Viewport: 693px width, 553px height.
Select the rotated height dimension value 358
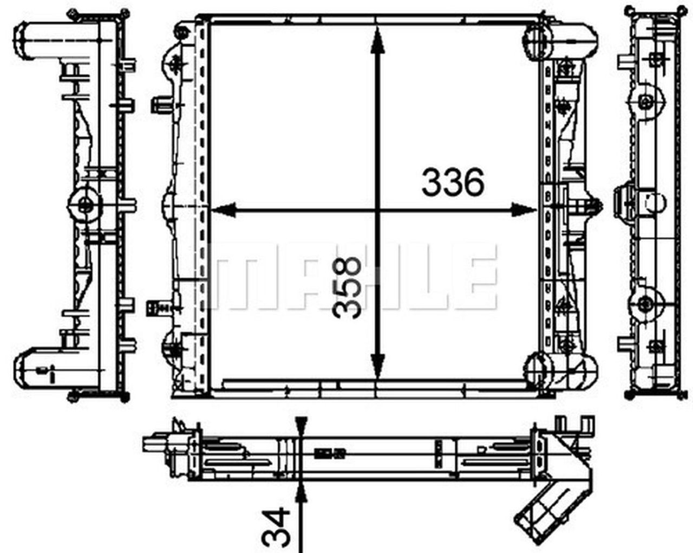(347, 287)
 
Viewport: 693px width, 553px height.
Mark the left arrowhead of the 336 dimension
(222, 210)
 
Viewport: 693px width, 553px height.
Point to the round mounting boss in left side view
(85, 205)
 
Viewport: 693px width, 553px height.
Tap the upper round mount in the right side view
(644, 101)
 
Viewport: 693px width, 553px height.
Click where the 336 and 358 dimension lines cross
(378, 210)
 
